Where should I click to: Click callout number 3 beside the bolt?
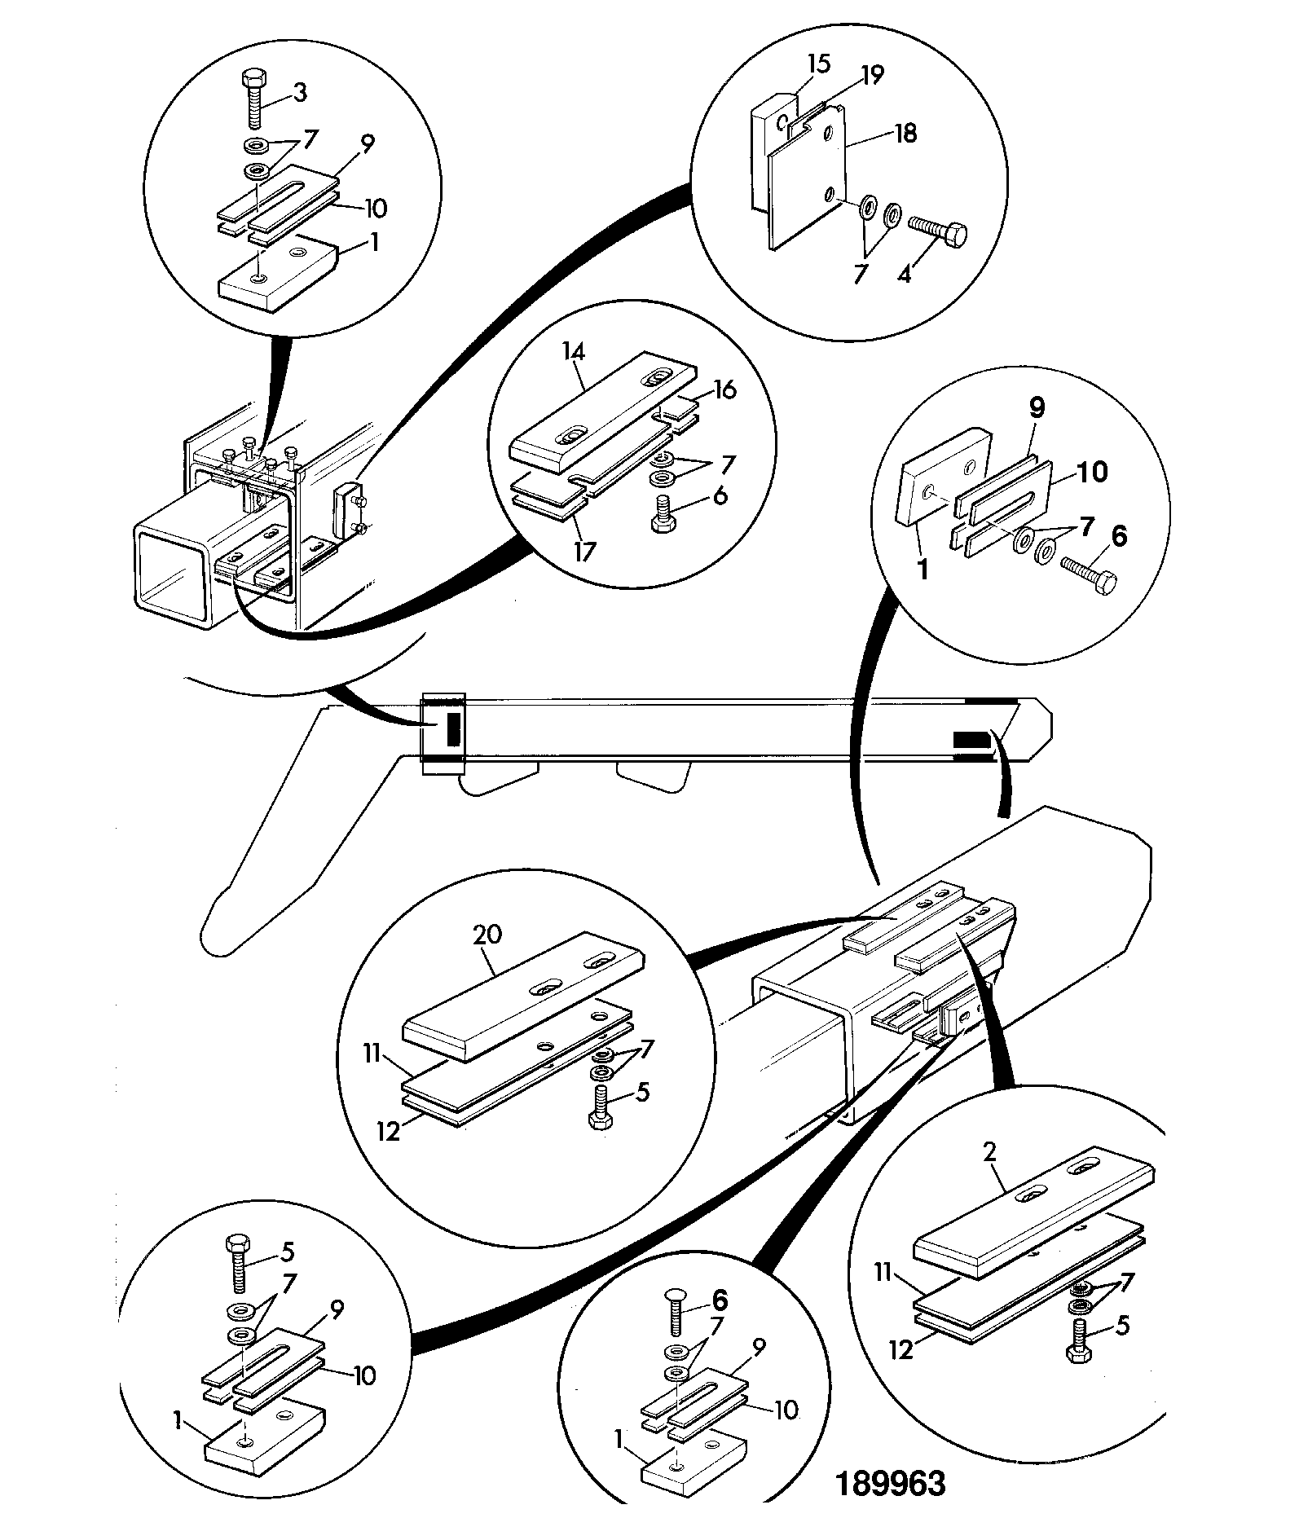[x=300, y=93]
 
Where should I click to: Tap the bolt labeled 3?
[x=253, y=100]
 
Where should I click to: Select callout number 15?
[x=819, y=64]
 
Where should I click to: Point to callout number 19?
[x=872, y=76]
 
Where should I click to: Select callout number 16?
[x=724, y=390]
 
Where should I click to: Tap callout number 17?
[x=584, y=552]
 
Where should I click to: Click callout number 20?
[x=487, y=935]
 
